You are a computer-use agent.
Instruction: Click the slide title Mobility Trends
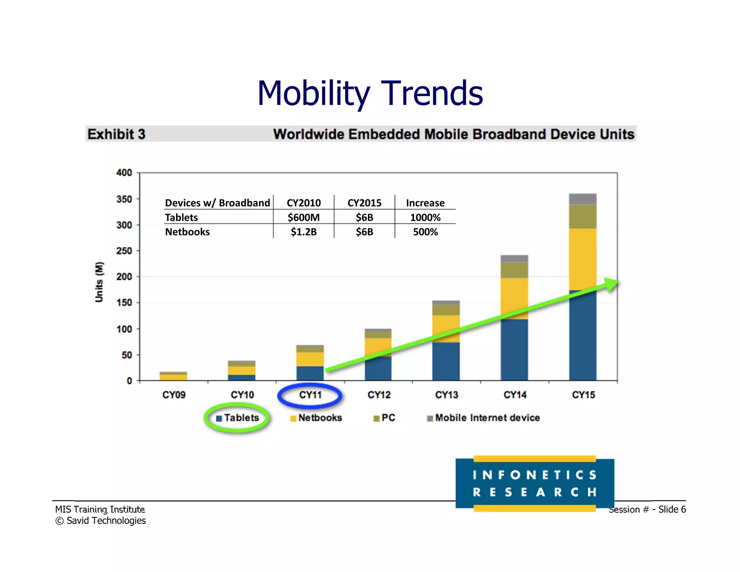pos(370,93)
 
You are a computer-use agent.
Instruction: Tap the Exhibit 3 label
pos(116,134)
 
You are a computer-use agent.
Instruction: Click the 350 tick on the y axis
pos(124,199)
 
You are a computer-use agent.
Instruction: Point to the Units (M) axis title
pos(99,282)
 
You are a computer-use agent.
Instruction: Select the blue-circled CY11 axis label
pos(310,395)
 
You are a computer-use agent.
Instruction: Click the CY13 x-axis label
pos(447,395)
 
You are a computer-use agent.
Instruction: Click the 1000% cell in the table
pos(425,217)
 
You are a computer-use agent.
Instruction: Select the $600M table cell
pos(304,217)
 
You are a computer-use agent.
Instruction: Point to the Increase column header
pos(425,203)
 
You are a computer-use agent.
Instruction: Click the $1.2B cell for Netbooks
pos(304,232)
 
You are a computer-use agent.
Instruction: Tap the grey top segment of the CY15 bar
pos(582,199)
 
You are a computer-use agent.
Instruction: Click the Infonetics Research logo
pos(534,483)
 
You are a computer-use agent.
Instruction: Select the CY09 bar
pos(173,376)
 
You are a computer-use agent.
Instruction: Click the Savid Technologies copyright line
pos(101,521)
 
